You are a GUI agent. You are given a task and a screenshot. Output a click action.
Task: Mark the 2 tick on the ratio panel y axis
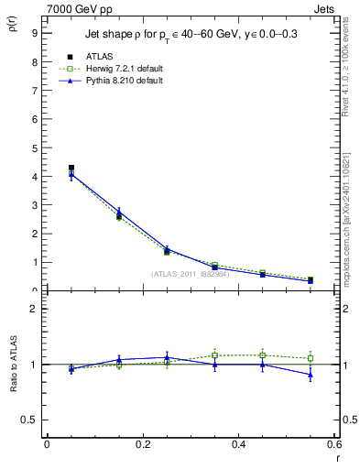(35, 309)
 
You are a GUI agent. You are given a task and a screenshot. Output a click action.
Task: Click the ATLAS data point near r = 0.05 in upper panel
(71, 168)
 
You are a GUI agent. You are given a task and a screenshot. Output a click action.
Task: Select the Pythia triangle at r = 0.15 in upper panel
(119, 213)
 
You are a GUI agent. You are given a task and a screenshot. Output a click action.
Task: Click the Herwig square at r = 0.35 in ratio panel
(214, 355)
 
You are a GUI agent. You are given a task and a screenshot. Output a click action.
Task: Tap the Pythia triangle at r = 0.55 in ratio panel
(311, 375)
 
